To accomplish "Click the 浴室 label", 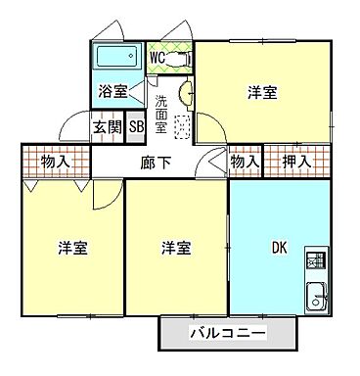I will click(112, 93).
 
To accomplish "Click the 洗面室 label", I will click(161, 106).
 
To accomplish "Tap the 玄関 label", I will click(108, 126).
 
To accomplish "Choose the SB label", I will click(136, 126).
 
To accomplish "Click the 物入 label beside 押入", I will click(245, 160).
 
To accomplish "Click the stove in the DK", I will click(315, 260).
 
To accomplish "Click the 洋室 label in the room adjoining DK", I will click(175, 248).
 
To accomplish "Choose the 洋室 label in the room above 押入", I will click(260, 94).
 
